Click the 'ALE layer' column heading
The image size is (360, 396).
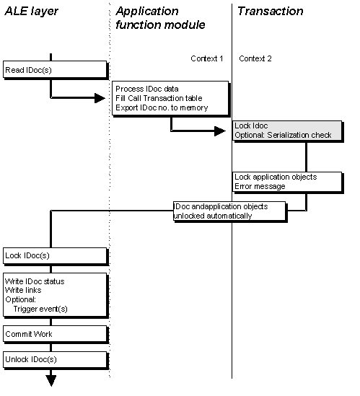pos(31,11)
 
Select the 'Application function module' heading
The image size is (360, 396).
pos(160,18)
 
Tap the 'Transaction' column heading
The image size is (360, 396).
pos(270,11)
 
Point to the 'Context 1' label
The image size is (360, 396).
pos(206,58)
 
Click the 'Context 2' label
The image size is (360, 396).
pos(255,58)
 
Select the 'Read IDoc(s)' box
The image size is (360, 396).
pos(55,69)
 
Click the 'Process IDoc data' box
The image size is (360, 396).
pos(170,98)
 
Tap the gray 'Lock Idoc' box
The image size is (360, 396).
pos(287,131)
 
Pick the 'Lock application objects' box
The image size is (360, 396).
pos(287,182)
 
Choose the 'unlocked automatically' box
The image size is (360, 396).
pos(229,211)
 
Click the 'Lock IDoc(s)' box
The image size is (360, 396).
pos(55,255)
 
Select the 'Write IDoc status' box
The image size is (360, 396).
pos(55,294)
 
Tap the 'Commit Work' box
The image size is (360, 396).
pos(55,334)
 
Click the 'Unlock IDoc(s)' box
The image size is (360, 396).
pos(55,360)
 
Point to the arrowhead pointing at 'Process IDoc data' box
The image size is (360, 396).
pos(100,98)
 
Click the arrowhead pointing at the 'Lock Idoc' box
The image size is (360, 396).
pos(220,131)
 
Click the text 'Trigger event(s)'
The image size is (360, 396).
pos(40,309)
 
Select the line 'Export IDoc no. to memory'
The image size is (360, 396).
pos(162,108)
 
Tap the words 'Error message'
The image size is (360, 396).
pos(260,186)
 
